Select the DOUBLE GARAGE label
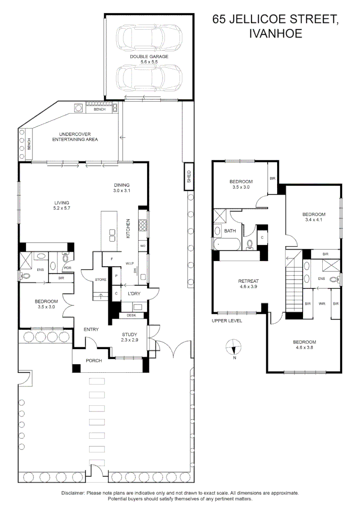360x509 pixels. click(149, 57)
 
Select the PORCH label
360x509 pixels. click(94, 361)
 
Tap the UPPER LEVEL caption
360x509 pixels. click(227, 321)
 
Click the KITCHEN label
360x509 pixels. click(127, 229)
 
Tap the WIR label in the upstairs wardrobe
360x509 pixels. click(322, 304)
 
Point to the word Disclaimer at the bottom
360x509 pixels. click(73, 493)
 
